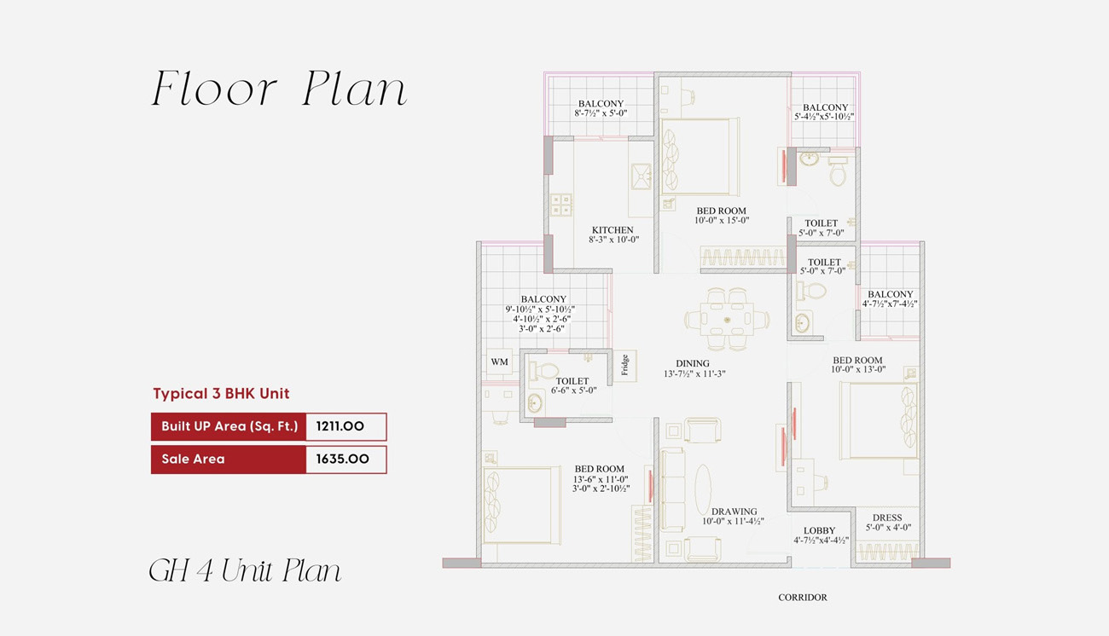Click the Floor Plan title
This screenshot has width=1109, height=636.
click(279, 90)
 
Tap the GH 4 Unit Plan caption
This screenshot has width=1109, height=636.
click(245, 570)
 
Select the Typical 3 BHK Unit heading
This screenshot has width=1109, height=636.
click(221, 394)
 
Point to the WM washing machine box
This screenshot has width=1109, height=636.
click(499, 362)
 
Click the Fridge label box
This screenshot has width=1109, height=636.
click(624, 365)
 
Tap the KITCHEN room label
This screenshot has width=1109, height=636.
click(613, 230)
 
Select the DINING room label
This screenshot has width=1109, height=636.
click(693, 363)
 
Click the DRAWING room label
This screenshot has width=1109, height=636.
click(734, 512)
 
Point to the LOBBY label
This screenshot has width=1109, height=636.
click(819, 530)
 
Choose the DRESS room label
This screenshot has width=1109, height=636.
click(887, 517)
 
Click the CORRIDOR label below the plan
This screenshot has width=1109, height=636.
click(802, 598)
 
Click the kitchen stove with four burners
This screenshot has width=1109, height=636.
click(560, 204)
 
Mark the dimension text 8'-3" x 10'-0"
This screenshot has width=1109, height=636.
click(613, 240)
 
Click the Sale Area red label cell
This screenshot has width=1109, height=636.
click(228, 459)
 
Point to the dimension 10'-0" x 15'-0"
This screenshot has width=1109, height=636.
click(721, 221)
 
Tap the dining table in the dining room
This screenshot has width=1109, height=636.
click(727, 318)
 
